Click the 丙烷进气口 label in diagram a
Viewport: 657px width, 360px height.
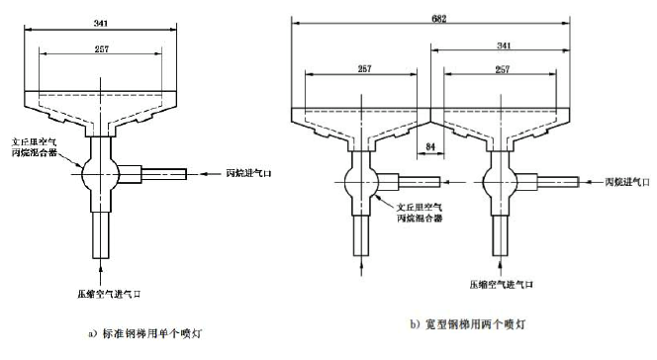[x=248, y=173]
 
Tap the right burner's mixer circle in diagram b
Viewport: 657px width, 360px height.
[x=494, y=181]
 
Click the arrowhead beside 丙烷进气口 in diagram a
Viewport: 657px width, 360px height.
[x=211, y=173]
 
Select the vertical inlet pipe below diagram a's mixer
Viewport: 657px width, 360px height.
[x=100, y=227]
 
